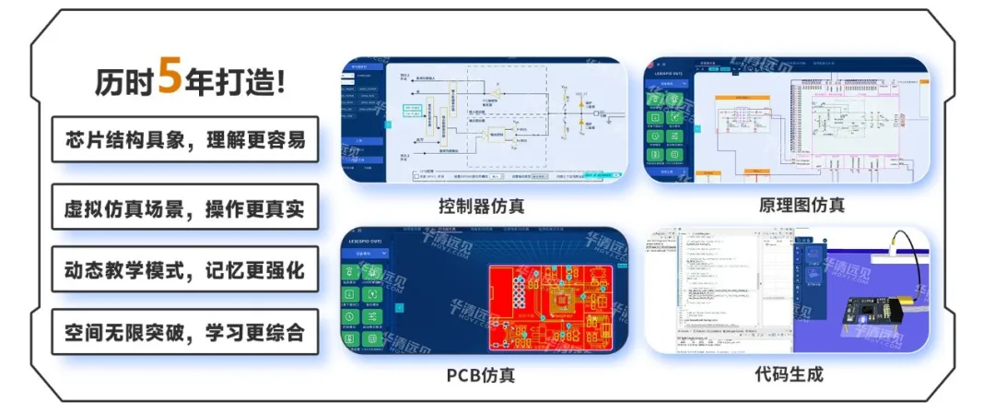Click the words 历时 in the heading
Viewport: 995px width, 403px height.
point(123,82)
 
